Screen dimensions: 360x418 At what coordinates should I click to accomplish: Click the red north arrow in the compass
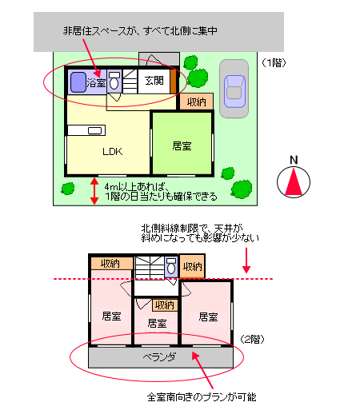tap(294, 182)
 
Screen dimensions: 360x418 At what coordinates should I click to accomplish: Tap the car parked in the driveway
tap(234, 91)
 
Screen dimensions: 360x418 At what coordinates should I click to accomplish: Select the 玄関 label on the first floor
tap(154, 81)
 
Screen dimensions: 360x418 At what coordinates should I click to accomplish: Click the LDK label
tap(112, 151)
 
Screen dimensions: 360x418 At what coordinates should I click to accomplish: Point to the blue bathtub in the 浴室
tap(78, 82)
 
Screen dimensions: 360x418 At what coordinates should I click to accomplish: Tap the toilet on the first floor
tap(114, 81)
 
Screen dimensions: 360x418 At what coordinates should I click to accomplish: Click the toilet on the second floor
tap(171, 266)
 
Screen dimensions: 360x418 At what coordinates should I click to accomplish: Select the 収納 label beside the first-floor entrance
tap(196, 102)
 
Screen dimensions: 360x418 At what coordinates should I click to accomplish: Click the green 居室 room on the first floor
tap(182, 143)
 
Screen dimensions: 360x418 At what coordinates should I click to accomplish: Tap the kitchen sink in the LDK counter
tap(94, 130)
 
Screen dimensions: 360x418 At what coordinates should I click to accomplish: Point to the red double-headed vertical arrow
tap(94, 191)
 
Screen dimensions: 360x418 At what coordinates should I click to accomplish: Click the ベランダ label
tap(160, 356)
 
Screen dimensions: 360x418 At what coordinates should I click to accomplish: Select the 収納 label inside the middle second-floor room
tap(165, 305)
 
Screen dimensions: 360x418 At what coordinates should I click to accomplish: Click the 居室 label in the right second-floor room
tap(208, 317)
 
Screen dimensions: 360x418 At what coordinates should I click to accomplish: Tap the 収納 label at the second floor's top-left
tap(110, 264)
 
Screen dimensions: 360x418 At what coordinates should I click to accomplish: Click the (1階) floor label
tap(274, 63)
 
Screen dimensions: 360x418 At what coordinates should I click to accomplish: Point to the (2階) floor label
tap(252, 340)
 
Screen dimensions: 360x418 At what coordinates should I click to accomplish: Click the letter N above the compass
tap(294, 160)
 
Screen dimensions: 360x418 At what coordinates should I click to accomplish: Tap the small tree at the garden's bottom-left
tap(68, 189)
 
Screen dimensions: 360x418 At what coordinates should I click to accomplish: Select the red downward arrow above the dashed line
tap(246, 261)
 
